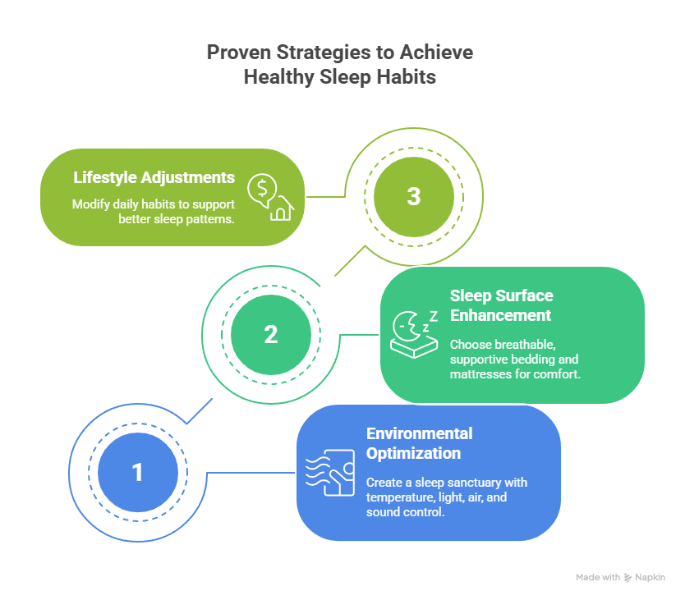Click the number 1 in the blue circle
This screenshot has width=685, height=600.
[x=137, y=472]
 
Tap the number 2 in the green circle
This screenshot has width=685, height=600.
[x=271, y=334]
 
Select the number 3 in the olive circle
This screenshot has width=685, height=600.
[x=414, y=197]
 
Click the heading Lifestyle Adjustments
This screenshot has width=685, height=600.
[x=154, y=177]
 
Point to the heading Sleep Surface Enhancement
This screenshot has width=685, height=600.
[x=501, y=305]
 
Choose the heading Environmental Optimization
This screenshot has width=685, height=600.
[x=419, y=443]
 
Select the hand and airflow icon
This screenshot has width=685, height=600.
[x=330, y=473]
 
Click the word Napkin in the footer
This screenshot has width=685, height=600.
[x=650, y=577]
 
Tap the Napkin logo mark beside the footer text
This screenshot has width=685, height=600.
[x=628, y=577]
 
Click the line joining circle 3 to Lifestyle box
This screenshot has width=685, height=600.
[x=325, y=197]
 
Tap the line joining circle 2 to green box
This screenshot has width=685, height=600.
[x=359, y=334]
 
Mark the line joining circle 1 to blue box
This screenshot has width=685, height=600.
[x=251, y=472]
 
